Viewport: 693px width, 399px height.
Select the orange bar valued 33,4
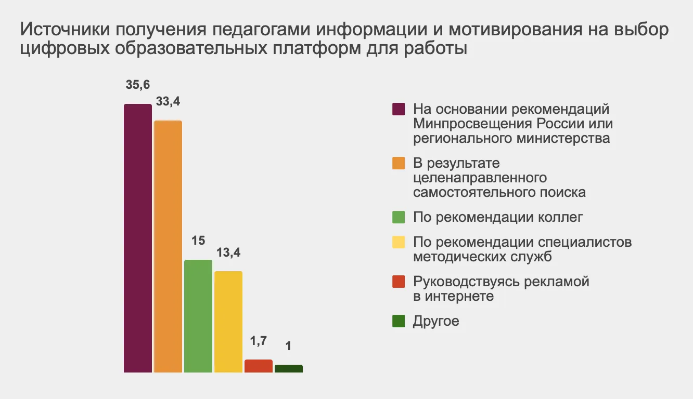tap(168, 246)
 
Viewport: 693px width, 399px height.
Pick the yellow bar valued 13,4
tap(228, 322)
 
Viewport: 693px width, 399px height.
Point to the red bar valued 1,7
tap(259, 366)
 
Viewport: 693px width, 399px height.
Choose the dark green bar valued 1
tap(289, 368)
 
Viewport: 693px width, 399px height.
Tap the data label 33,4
tap(168, 102)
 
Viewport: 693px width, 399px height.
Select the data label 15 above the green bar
tap(198, 241)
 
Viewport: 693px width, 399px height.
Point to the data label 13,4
tap(228, 253)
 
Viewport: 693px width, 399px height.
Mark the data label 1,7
tap(259, 341)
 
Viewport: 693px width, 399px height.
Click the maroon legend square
tap(399, 110)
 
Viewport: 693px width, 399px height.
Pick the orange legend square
tap(399, 163)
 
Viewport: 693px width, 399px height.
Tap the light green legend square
tap(399, 217)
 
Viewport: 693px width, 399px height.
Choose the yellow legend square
tap(399, 242)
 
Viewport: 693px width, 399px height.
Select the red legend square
tap(399, 282)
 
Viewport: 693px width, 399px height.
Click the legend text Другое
tap(436, 321)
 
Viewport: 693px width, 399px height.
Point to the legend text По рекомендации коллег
tap(498, 217)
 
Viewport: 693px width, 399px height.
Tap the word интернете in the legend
tap(459, 296)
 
